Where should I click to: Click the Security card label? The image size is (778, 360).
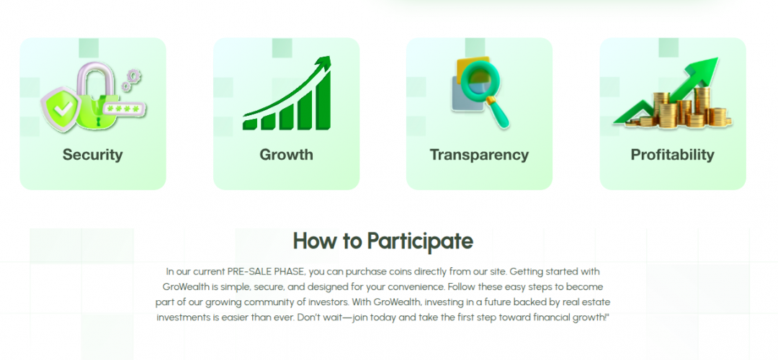pyautogui.click(x=92, y=155)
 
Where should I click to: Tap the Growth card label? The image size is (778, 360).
pyautogui.click(x=286, y=155)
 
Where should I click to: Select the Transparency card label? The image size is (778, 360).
pyautogui.click(x=479, y=155)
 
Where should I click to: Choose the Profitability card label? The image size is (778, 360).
pyautogui.click(x=672, y=155)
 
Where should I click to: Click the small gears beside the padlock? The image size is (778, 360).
pyautogui.click(x=132, y=80)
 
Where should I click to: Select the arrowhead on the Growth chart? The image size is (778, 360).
pyautogui.click(x=323, y=64)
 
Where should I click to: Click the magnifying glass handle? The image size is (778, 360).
pyautogui.click(x=498, y=117)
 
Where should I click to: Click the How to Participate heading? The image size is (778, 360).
pyautogui.click(x=383, y=241)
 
